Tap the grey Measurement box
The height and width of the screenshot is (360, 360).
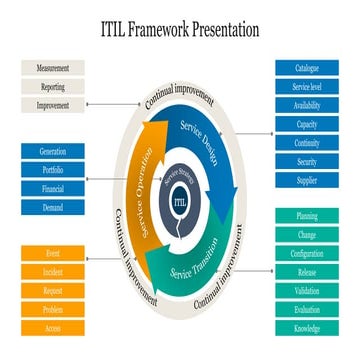click(53, 67)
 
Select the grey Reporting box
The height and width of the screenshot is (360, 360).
click(53, 86)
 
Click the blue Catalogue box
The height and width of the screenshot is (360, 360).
click(307, 68)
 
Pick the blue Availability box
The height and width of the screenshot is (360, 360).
click(307, 105)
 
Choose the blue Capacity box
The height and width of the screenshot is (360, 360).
click(307, 124)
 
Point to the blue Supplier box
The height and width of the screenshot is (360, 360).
click(307, 180)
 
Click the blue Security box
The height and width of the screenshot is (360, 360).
click(307, 161)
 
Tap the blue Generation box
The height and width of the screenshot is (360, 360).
click(53, 151)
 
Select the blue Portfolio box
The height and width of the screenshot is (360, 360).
click(53, 169)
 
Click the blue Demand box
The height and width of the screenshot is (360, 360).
click(53, 207)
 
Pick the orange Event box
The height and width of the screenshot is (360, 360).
click(53, 253)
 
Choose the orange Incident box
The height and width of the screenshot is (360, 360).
click(53, 272)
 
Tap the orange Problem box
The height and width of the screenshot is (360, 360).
click(53, 309)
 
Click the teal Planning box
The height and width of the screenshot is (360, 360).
click(307, 216)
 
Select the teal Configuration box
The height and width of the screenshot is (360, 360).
click(307, 253)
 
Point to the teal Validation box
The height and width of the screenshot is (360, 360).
click(307, 291)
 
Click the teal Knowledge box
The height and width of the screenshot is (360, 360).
click(307, 328)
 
